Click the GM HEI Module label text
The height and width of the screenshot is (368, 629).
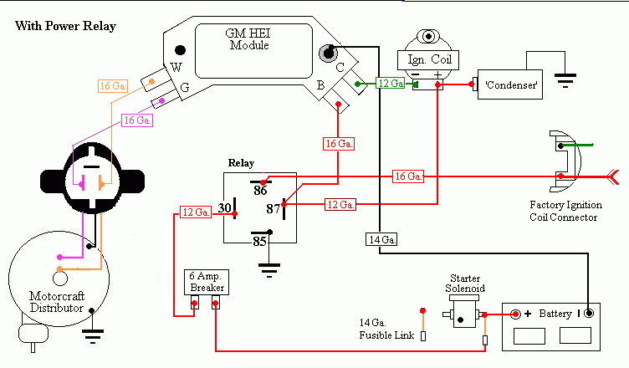pyautogui.click(x=248, y=39)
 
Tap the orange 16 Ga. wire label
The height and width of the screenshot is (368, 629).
pyautogui.click(x=113, y=86)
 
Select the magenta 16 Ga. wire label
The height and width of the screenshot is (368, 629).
pyautogui.click(x=137, y=120)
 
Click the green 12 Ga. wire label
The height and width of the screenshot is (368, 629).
pyautogui.click(x=391, y=83)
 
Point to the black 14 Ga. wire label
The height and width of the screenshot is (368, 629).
pyautogui.click(x=381, y=239)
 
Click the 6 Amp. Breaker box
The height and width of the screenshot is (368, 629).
pyautogui.click(x=207, y=282)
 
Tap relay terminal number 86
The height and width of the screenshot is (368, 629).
pyautogui.click(x=260, y=190)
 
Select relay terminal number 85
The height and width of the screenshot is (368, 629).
pyautogui.click(x=259, y=241)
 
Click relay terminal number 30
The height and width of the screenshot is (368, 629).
pyautogui.click(x=225, y=208)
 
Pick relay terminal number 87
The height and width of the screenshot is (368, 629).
pyautogui.click(x=274, y=209)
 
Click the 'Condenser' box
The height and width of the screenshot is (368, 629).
pyautogui.click(x=510, y=84)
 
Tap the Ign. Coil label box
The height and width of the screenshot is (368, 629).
pyautogui.click(x=428, y=59)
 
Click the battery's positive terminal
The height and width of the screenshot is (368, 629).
pyautogui.click(x=515, y=314)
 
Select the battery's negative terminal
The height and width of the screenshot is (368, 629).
pyautogui.click(x=589, y=313)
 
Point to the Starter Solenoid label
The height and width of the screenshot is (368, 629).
pyautogui.click(x=465, y=284)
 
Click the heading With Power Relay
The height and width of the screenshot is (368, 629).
pyautogui.click(x=66, y=26)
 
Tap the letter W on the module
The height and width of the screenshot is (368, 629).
pyautogui.click(x=176, y=68)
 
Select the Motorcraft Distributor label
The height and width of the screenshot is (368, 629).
pyautogui.click(x=57, y=302)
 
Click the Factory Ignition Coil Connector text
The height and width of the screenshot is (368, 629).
pyautogui.click(x=565, y=211)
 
